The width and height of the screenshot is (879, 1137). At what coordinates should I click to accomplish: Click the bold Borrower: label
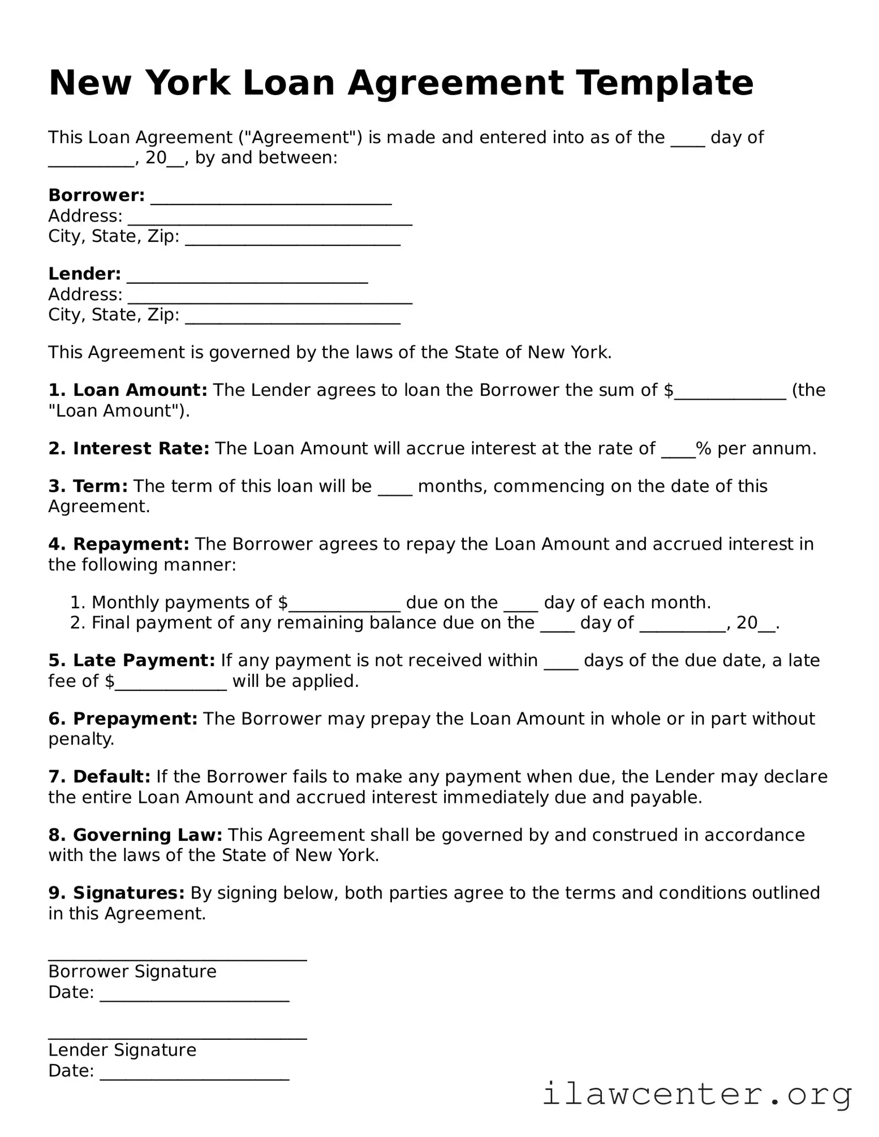(97, 196)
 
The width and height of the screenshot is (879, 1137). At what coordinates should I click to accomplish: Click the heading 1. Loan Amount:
(128, 390)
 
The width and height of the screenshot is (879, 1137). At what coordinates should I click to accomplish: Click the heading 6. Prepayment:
(123, 719)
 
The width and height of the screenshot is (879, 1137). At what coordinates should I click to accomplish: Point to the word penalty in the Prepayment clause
(80, 740)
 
